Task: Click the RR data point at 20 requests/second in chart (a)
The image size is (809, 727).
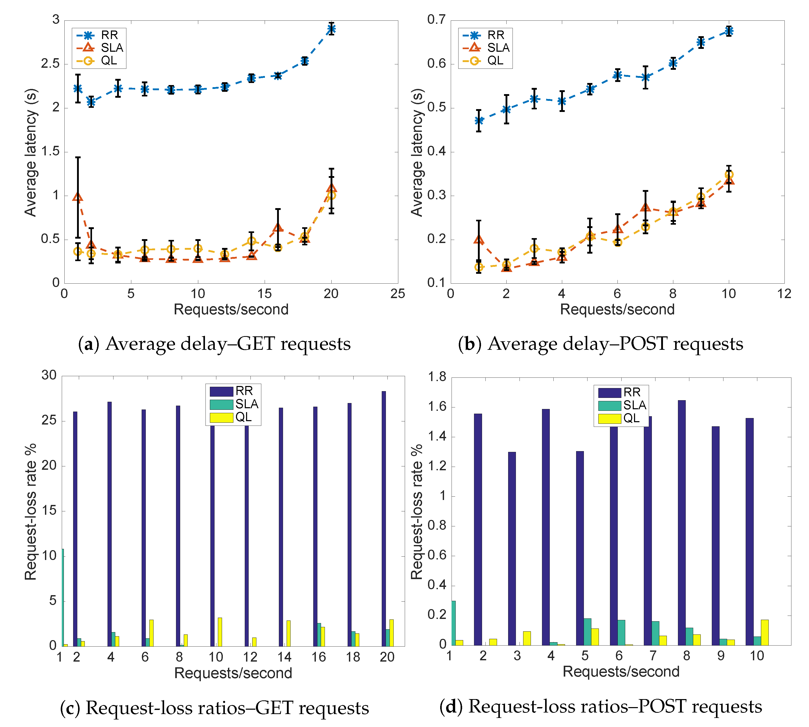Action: [x=331, y=29]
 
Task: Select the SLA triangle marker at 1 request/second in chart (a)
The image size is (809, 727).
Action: [x=78, y=197]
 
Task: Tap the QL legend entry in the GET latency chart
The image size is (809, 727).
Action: [x=98, y=61]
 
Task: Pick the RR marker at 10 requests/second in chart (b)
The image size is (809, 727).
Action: [x=729, y=31]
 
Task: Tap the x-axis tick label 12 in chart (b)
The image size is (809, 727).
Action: [x=784, y=294]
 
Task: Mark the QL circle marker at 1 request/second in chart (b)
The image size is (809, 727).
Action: [x=479, y=267]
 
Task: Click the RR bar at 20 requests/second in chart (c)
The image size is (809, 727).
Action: [x=384, y=518]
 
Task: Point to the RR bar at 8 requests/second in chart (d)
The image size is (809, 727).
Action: [x=682, y=522]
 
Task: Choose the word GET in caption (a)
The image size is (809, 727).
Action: [x=256, y=344]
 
